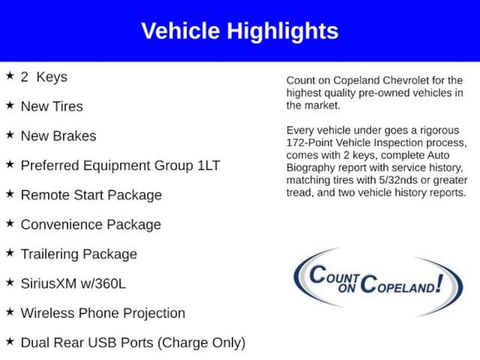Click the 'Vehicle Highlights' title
click(x=240, y=31)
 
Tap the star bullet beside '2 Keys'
click(x=10, y=75)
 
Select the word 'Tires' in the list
click(x=67, y=106)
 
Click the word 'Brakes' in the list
click(x=75, y=136)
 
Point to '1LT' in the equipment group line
click(x=209, y=165)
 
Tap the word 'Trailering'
click(x=50, y=254)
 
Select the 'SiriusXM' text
click(x=48, y=284)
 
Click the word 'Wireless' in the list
click(x=47, y=313)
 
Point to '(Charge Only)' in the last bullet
click(x=202, y=343)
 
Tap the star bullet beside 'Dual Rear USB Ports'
click(x=10, y=341)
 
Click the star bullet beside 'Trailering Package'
click(x=10, y=253)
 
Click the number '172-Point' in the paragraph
click(x=309, y=143)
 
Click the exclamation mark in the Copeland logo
click(x=440, y=283)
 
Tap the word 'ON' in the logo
click(x=347, y=288)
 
